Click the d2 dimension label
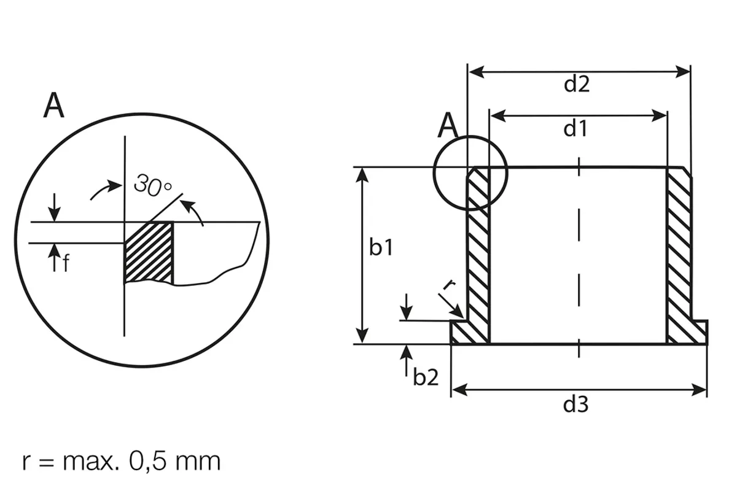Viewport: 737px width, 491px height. click(x=577, y=85)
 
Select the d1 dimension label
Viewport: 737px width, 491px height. click(x=575, y=128)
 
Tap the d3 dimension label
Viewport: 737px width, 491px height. click(x=576, y=404)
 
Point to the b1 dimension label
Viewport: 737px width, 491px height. click(x=381, y=247)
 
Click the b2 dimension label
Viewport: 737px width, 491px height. click(x=426, y=377)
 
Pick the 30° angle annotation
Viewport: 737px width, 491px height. click(x=153, y=185)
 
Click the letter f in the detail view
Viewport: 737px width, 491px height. click(x=66, y=263)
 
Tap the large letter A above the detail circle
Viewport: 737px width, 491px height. click(x=53, y=105)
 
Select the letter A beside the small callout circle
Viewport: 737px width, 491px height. click(x=448, y=125)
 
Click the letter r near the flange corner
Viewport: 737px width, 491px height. click(x=449, y=284)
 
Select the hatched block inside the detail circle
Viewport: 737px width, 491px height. click(x=149, y=253)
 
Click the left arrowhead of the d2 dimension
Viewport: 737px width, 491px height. click(x=476, y=72)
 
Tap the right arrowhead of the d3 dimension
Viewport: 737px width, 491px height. click(x=699, y=390)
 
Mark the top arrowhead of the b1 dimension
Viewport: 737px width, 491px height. click(x=362, y=175)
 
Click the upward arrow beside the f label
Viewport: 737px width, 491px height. click(x=54, y=258)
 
